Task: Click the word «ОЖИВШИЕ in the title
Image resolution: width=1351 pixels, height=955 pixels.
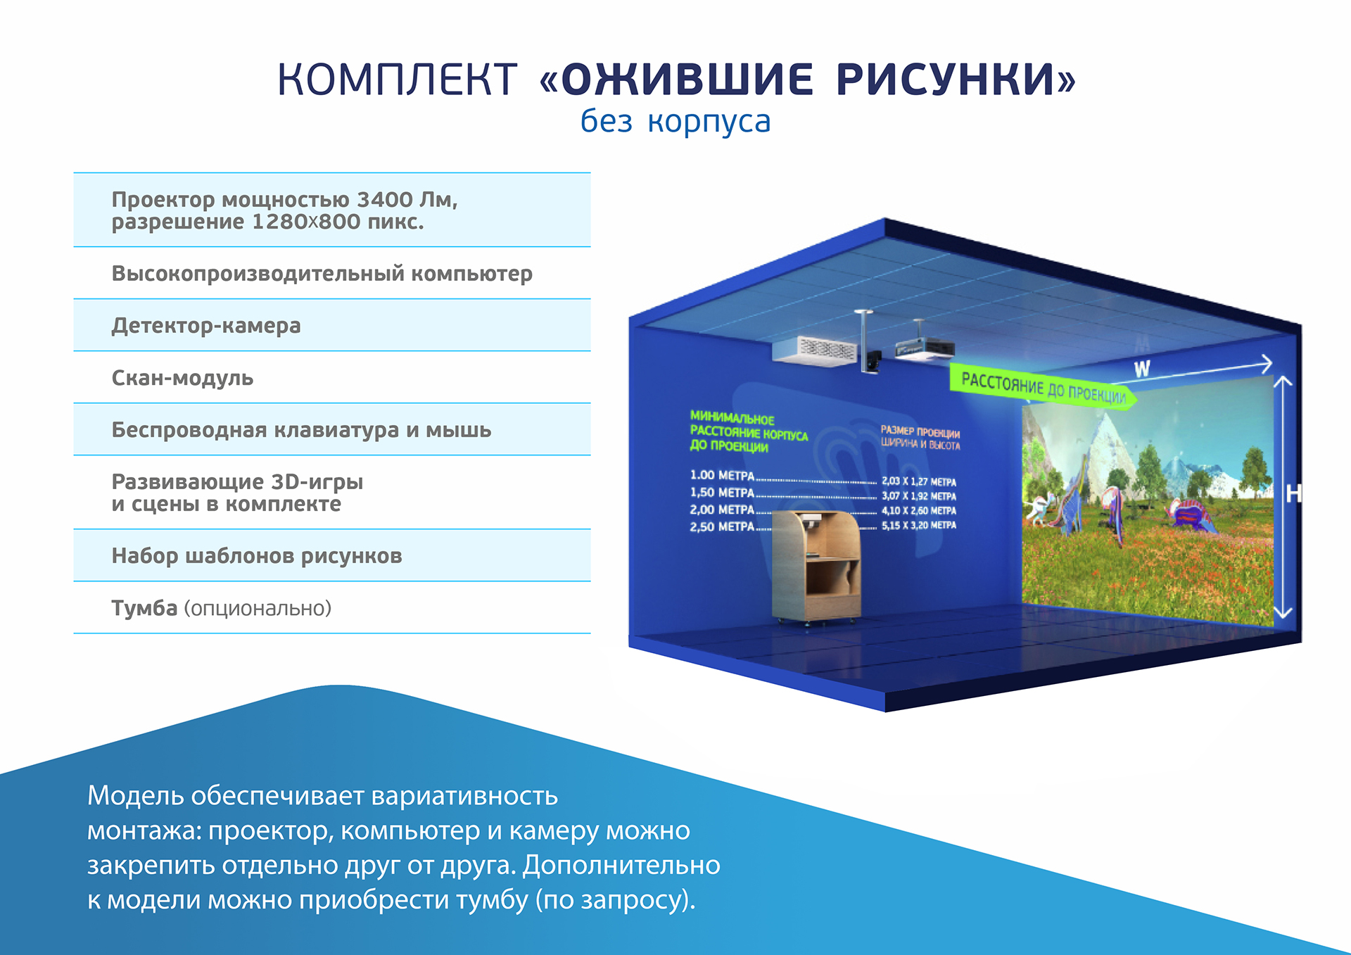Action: tap(676, 79)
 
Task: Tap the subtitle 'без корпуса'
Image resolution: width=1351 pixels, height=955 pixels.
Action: tap(675, 121)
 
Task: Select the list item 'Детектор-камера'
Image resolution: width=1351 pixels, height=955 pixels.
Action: tap(206, 326)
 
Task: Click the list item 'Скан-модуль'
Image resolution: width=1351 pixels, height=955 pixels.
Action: tap(182, 378)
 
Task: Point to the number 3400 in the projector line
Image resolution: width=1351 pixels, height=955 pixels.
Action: tap(385, 200)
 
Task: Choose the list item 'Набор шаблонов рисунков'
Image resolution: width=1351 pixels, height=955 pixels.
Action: tap(257, 556)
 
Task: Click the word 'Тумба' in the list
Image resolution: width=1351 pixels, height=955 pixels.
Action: tap(144, 607)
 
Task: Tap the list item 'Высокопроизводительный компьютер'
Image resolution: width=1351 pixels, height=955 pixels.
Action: tap(322, 274)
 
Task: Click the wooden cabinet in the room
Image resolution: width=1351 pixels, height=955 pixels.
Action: tap(816, 569)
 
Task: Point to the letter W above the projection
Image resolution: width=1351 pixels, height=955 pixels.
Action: tap(1141, 369)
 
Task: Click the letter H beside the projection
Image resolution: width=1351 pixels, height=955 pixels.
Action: tap(1293, 493)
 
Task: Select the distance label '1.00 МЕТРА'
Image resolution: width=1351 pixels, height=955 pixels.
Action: tap(722, 476)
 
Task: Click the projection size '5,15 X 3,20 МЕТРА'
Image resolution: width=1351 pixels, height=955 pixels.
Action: tap(919, 525)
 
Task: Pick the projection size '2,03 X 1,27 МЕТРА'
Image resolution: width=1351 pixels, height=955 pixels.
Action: tap(919, 481)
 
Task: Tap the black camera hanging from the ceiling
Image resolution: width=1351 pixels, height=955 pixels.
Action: tap(873, 362)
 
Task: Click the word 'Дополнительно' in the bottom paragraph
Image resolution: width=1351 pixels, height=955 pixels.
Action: tap(621, 865)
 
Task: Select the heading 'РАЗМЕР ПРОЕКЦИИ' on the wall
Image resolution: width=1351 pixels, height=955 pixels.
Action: tap(920, 431)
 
